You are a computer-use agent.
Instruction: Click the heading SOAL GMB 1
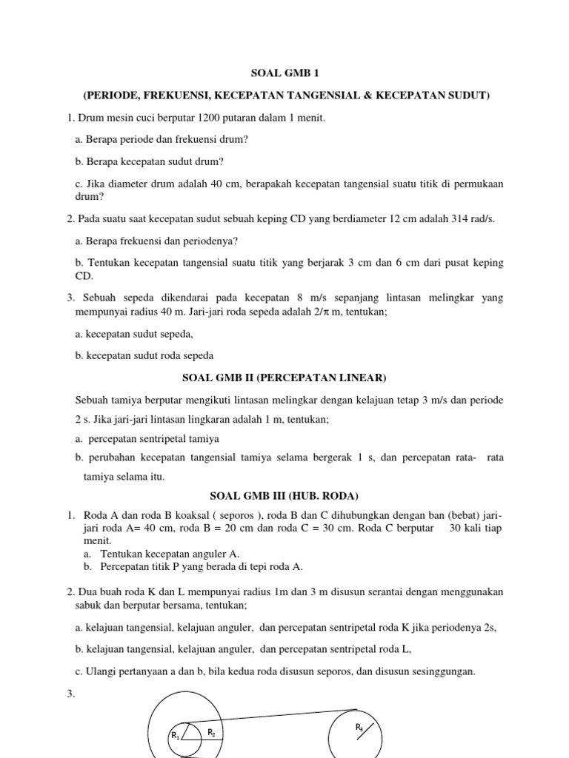[x=284, y=73]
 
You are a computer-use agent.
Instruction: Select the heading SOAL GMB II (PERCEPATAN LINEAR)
[x=284, y=378]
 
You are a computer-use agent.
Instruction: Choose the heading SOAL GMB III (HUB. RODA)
[x=284, y=496]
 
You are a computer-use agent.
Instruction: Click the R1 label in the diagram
[x=176, y=736]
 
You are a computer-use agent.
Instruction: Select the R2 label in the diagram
[x=211, y=733]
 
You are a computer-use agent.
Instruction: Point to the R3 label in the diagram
[x=359, y=728]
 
